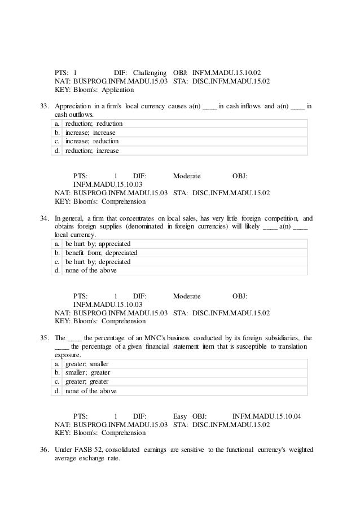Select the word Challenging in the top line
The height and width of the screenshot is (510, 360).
pos(150,73)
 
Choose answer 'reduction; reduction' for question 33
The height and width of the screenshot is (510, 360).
pos(94,124)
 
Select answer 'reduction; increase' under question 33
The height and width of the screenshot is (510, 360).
pos(92,151)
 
